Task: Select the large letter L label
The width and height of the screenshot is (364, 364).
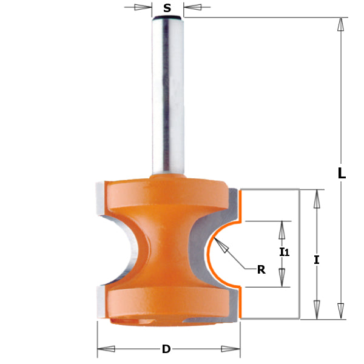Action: tap(342, 173)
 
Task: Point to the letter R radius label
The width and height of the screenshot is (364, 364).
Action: tap(261, 270)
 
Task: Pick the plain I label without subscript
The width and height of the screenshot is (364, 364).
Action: tap(317, 260)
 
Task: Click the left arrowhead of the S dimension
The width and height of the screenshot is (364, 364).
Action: tap(144, 8)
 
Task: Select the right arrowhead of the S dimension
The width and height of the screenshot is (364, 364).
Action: tap(192, 8)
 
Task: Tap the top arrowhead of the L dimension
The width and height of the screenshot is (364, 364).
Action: tap(342, 25)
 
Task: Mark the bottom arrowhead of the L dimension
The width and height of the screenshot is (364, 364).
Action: tap(342, 311)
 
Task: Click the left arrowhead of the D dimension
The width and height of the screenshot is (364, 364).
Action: tap(106, 349)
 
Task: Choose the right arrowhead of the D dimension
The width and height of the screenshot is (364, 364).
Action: tap(231, 349)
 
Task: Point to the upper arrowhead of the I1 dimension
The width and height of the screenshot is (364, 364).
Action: tap(281, 230)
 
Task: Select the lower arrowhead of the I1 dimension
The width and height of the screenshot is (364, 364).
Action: tap(281, 278)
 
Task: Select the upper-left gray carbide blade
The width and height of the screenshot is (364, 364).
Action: tap(100, 200)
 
